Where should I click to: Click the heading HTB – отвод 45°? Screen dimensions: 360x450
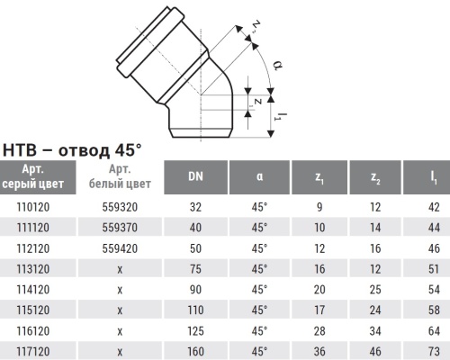point(74,149)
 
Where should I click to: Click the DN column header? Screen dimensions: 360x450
point(194,176)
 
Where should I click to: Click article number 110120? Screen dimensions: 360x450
point(32,205)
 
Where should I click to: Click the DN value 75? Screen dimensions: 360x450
point(194,266)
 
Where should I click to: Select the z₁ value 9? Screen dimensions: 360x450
point(319,205)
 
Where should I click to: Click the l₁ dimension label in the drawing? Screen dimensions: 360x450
point(281,114)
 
